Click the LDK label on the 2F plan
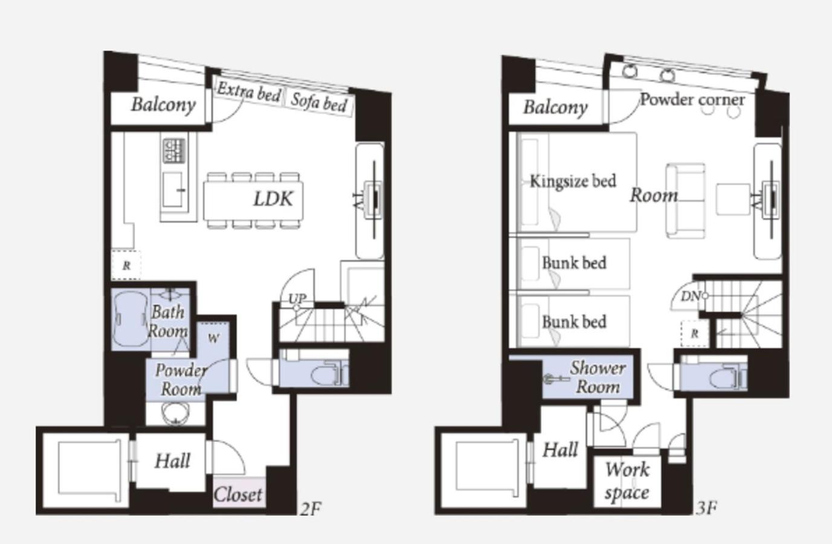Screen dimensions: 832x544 click(273, 199)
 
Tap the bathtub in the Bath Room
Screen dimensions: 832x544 click(131, 319)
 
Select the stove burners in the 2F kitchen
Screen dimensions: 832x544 click(174, 151)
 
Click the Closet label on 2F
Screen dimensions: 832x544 click(238, 494)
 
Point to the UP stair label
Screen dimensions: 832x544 click(298, 298)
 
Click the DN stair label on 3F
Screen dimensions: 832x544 click(690, 296)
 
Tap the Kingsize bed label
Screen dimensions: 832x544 click(573, 181)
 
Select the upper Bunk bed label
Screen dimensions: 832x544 click(574, 263)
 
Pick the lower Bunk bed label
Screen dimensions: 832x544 click(574, 322)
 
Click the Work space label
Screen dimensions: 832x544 click(627, 481)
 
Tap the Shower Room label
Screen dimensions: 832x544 click(598, 377)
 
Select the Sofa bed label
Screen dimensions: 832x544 click(319, 103)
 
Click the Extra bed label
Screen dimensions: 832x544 click(248, 92)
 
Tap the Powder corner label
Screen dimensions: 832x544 click(692, 100)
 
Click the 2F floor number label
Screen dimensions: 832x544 click(311, 509)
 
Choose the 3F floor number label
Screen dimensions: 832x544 click(706, 508)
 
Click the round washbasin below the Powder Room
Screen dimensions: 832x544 click(176, 414)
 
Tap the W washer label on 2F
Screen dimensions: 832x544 click(213, 338)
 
